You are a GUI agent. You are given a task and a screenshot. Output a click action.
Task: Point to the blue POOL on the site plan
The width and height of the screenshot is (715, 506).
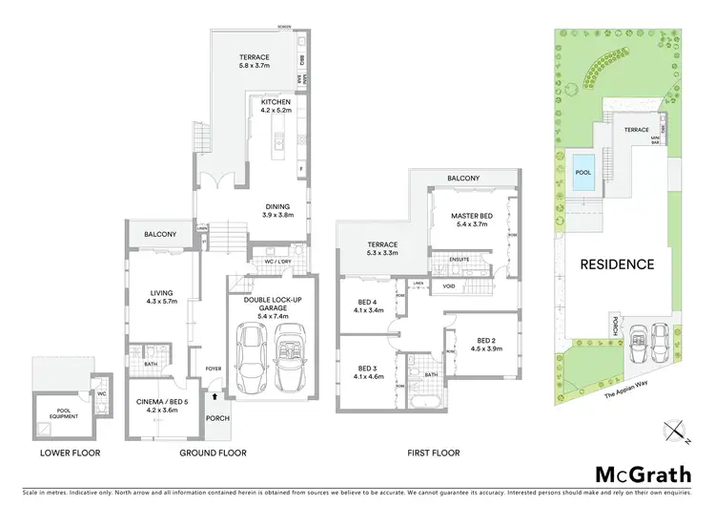[582, 162]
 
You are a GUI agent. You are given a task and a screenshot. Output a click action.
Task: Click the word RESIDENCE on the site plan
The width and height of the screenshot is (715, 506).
[618, 264]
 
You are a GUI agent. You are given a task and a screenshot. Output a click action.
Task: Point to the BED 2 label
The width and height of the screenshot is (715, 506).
[486, 341]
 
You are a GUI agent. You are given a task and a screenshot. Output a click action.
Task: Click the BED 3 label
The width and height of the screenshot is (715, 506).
[367, 368]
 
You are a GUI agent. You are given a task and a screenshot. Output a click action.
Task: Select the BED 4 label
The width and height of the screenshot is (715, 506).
[367, 303]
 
